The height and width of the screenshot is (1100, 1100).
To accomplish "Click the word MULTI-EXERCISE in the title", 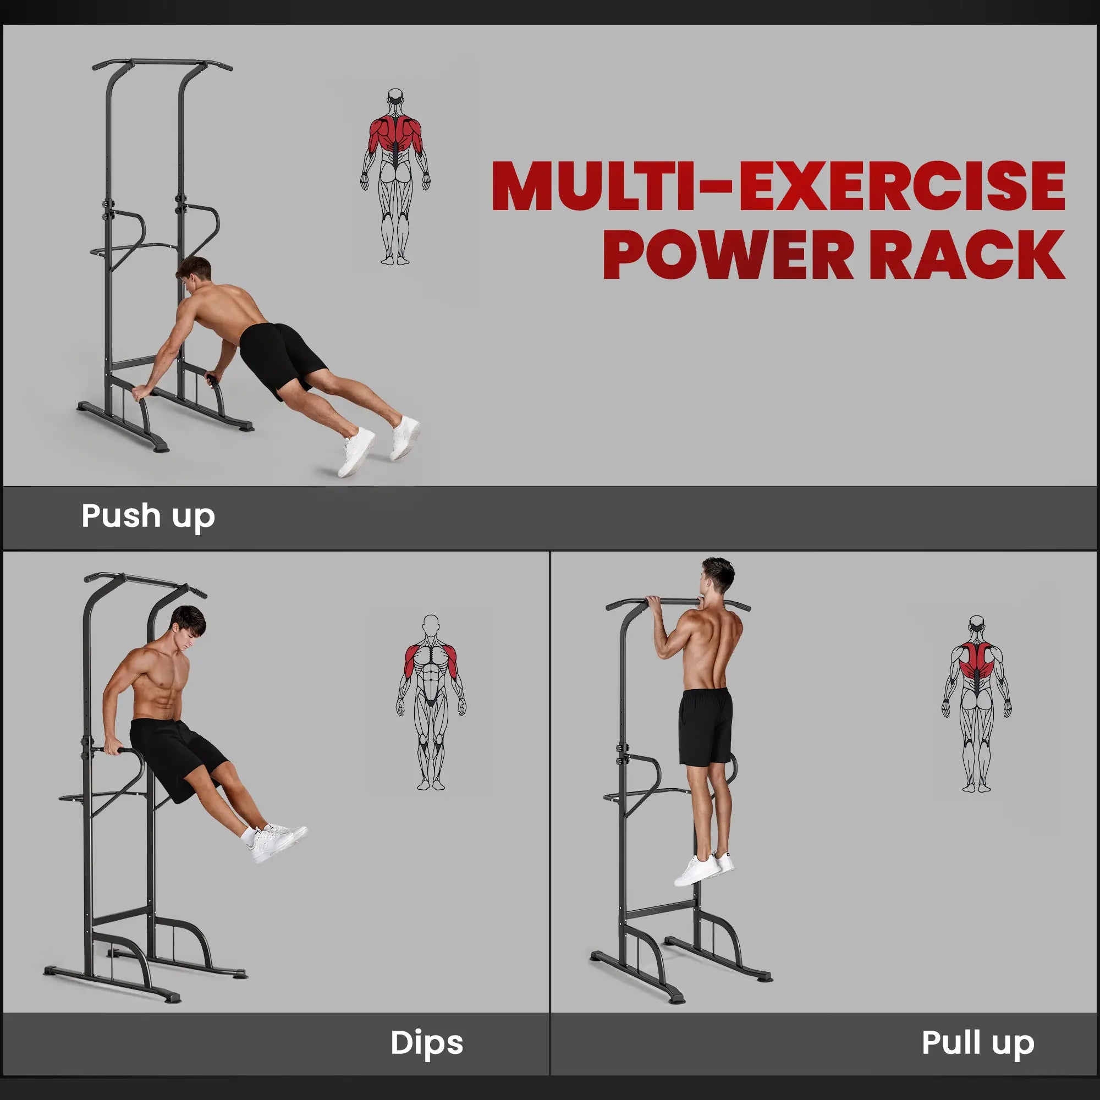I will pyautogui.click(x=778, y=186).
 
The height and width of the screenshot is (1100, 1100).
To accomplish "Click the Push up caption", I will pyautogui.click(x=148, y=516).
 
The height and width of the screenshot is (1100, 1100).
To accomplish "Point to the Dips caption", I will pyautogui.click(x=426, y=1042).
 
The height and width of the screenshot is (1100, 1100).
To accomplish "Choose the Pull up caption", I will pyautogui.click(x=977, y=1042).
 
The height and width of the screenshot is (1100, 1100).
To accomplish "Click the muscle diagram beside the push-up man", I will pyautogui.click(x=395, y=177).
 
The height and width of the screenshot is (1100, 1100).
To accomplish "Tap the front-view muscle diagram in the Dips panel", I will pyautogui.click(x=431, y=701).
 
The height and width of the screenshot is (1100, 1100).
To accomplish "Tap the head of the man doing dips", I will pyautogui.click(x=188, y=626).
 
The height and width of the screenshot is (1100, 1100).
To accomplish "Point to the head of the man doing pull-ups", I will pyautogui.click(x=717, y=576).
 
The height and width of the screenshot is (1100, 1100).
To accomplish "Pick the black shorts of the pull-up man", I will pyautogui.click(x=706, y=726).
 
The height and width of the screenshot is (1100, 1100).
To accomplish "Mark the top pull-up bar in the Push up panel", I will pyautogui.click(x=162, y=62).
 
